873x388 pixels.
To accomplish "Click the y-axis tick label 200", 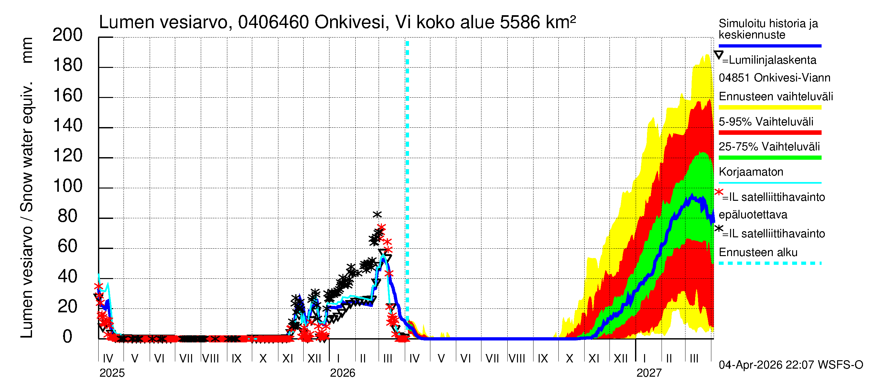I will tap(67, 35).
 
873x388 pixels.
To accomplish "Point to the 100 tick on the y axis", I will tap(67, 186).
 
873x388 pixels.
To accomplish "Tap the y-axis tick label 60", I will tap(67, 246).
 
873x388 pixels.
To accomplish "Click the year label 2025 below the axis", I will tap(112, 373).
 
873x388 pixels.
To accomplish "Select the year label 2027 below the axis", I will tap(649, 373).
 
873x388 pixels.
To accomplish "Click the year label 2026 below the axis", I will tap(342, 373).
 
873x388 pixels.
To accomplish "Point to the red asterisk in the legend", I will tap(718, 192).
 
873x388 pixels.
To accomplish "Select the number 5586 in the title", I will tap(520, 23).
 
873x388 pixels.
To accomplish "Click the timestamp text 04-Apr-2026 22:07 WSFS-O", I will tap(791, 365).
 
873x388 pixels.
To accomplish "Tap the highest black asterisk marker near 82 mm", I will tap(377, 214).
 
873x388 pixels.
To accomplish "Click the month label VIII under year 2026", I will tap(517, 358).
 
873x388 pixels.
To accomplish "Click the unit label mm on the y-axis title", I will tap(27, 50).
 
